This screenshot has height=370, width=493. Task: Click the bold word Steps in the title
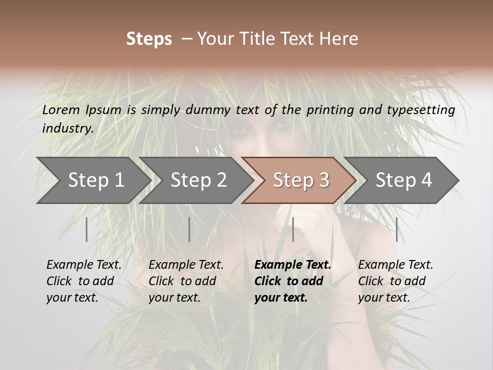(149, 39)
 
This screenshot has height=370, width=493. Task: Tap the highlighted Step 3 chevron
(301, 180)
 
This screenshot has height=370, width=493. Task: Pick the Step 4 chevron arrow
(404, 180)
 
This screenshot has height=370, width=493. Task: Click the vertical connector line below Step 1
(87, 229)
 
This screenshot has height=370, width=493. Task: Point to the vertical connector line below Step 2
(189, 229)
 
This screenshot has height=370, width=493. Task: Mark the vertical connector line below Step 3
(293, 229)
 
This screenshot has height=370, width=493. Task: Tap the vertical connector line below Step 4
(396, 229)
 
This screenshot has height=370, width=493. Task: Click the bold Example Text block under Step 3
(293, 281)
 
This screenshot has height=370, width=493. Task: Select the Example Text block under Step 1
(84, 281)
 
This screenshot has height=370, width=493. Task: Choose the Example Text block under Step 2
(186, 281)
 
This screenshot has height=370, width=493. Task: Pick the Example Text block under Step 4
(395, 281)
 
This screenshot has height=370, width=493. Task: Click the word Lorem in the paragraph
(61, 109)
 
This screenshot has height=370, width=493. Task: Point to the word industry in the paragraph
(67, 128)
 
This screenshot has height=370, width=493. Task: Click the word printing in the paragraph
(329, 110)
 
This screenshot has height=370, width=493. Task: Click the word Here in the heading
(339, 39)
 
